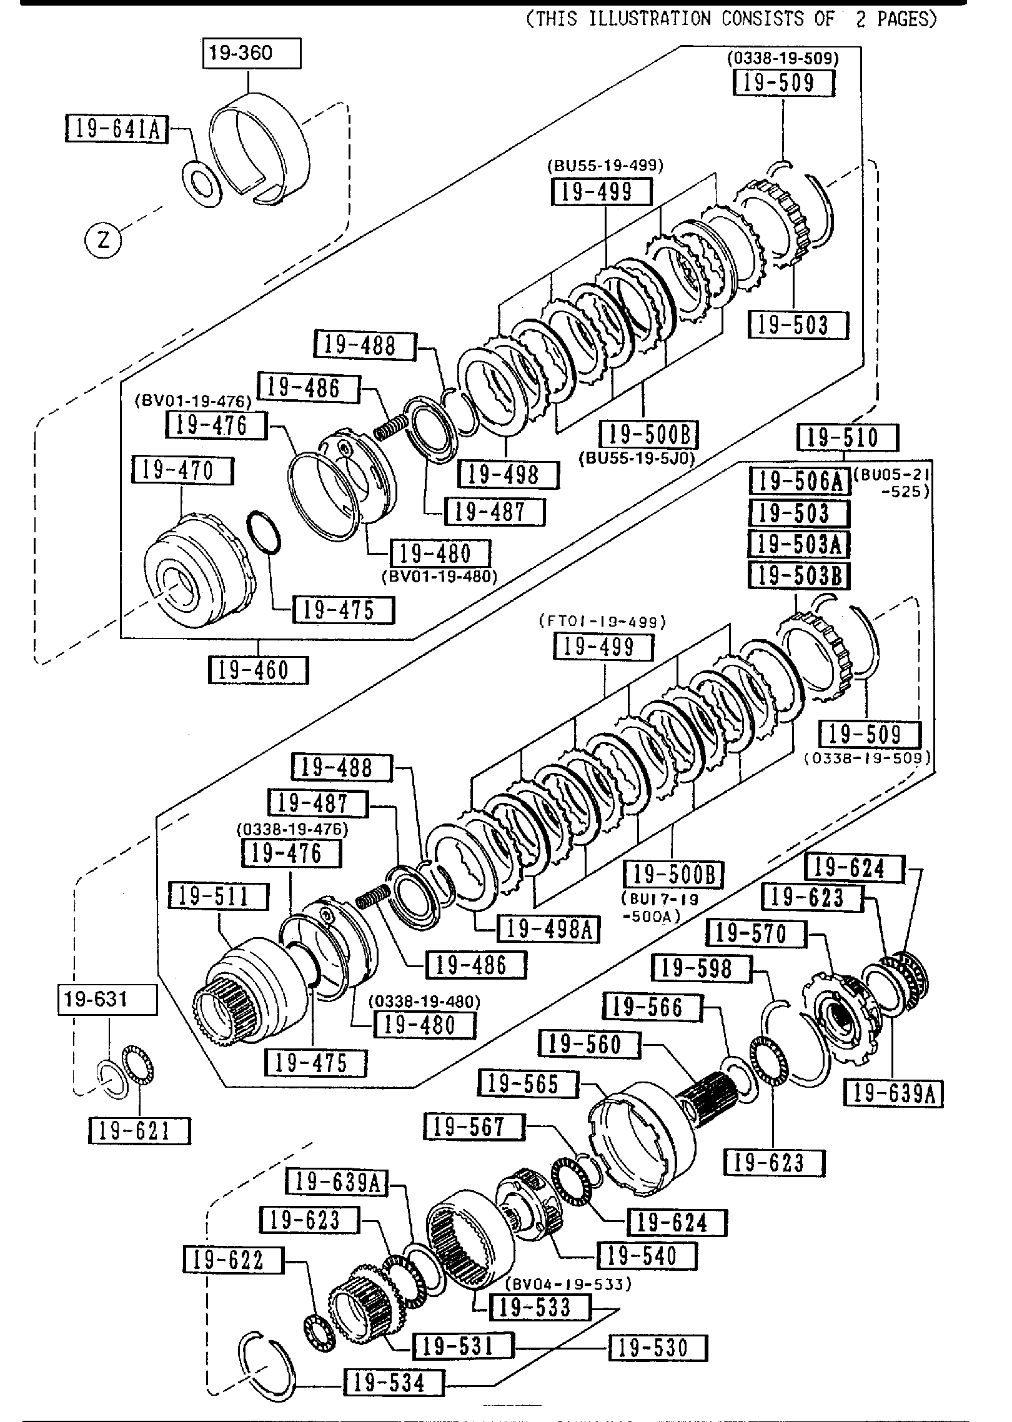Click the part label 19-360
click(251, 54)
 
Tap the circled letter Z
click(104, 239)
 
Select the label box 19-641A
click(117, 129)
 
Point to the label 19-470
click(182, 470)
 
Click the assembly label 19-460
click(258, 671)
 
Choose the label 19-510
click(847, 437)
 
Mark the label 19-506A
click(800, 482)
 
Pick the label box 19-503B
click(800, 575)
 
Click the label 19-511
click(218, 897)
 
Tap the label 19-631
click(107, 1000)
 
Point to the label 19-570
click(756, 934)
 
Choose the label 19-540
click(647, 1255)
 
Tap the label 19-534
click(394, 1383)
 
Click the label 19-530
click(658, 1348)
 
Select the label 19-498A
click(548, 930)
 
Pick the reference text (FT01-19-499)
click(602, 622)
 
